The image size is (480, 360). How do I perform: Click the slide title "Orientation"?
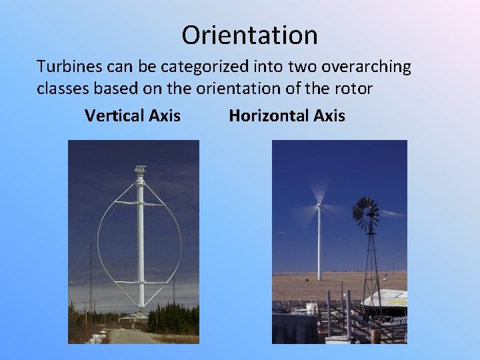click(x=249, y=35)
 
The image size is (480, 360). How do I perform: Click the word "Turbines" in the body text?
click(x=67, y=67)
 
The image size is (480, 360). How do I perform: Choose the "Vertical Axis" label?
click(x=132, y=116)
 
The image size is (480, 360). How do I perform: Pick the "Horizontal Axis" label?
click(x=287, y=116)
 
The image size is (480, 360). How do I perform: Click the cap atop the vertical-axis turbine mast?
click(x=140, y=171)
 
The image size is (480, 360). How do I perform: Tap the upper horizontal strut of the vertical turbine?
click(x=140, y=203)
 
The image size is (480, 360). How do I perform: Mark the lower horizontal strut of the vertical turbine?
click(x=140, y=283)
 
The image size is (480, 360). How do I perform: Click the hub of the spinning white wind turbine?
click(x=319, y=205)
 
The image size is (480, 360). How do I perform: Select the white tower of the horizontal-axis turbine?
click(x=319, y=247)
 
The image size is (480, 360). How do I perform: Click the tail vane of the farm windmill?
click(x=392, y=213)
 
